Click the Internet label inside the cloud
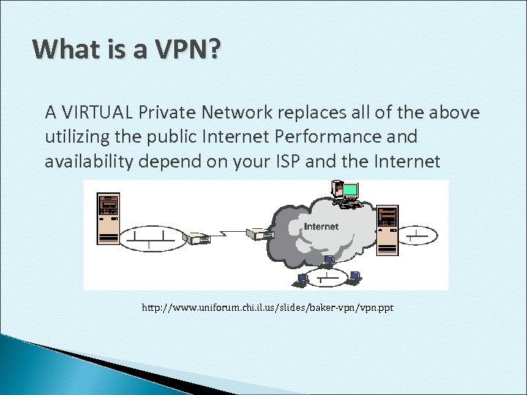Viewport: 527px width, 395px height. pos(321,227)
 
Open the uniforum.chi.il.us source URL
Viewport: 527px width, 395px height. pos(267,308)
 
